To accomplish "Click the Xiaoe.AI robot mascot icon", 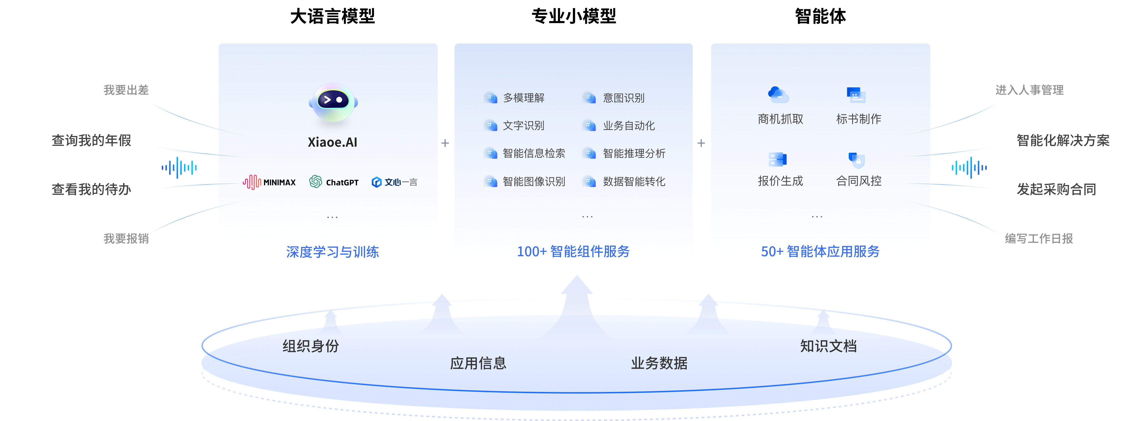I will [333, 103].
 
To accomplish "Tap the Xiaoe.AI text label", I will [333, 142].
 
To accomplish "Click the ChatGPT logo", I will [334, 182].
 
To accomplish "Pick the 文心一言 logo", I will [394, 182].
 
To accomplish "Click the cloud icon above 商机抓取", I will [778, 95].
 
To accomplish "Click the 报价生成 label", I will [780, 181].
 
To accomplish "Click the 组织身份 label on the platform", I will [311, 346].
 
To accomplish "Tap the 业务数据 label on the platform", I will [659, 363].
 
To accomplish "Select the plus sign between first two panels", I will [445, 143].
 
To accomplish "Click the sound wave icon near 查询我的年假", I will [179, 168].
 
